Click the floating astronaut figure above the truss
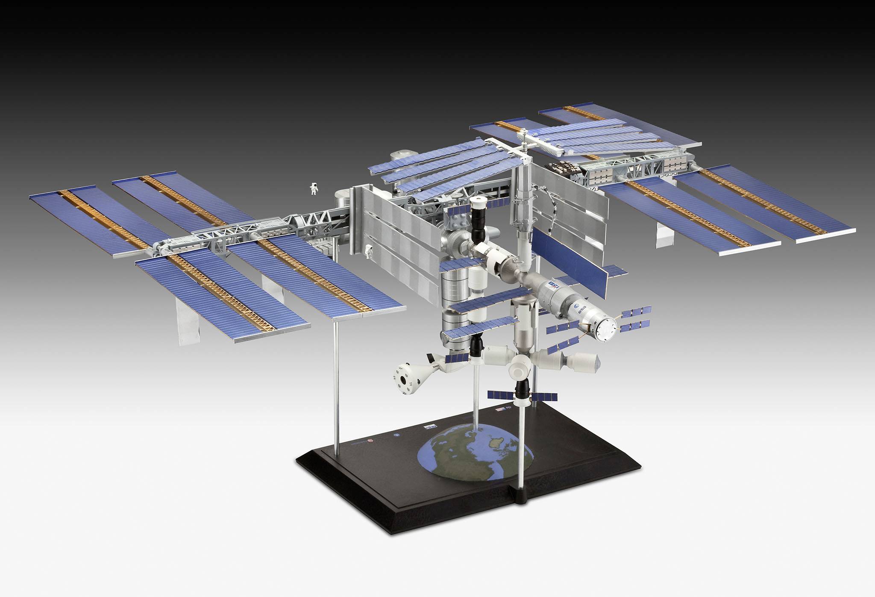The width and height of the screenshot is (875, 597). [x=314, y=189]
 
